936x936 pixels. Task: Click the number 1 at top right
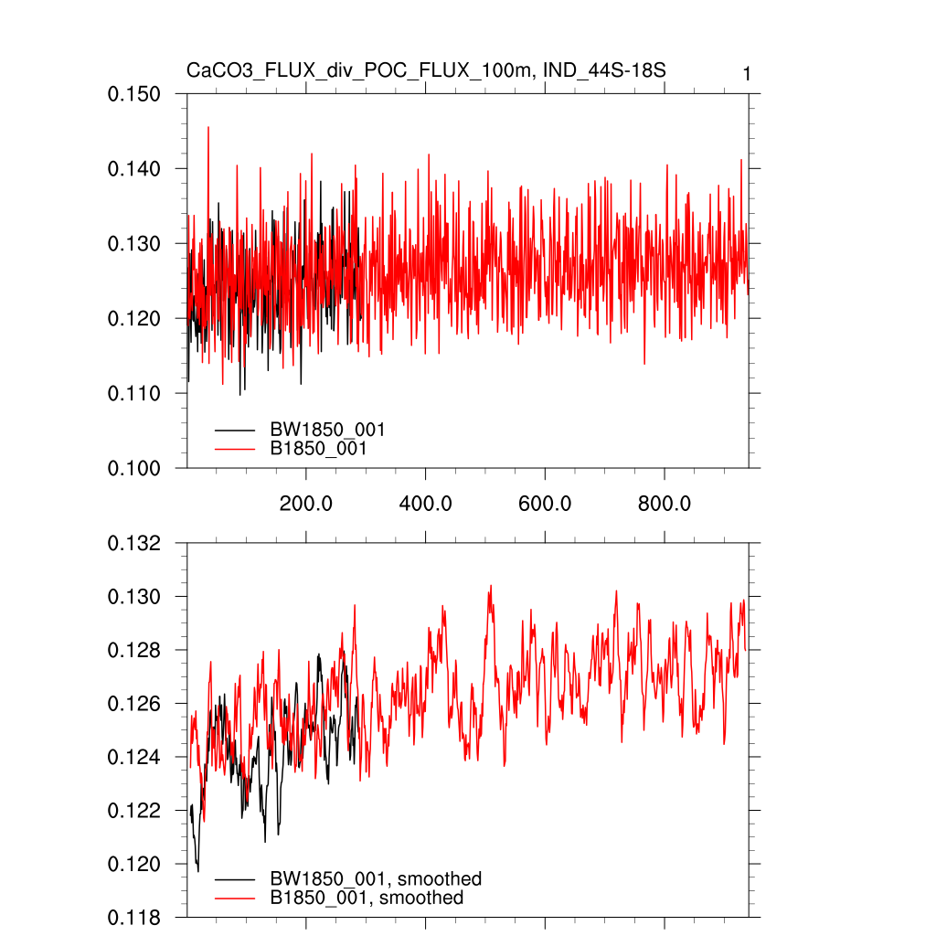(x=747, y=74)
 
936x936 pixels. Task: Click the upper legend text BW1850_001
(x=327, y=430)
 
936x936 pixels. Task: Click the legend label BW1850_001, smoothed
(x=376, y=879)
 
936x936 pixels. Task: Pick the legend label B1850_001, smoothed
(x=367, y=899)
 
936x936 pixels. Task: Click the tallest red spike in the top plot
(x=208, y=128)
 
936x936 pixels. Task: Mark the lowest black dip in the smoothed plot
(x=198, y=871)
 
